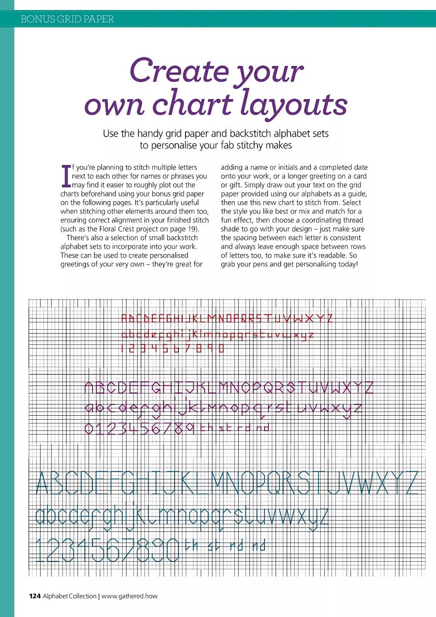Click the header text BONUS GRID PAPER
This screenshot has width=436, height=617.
(x=67, y=19)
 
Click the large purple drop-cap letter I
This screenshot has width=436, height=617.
(x=66, y=176)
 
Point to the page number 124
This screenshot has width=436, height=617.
(x=35, y=596)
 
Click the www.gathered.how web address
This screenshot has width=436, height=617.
(x=130, y=596)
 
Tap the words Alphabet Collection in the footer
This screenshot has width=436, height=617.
(x=70, y=596)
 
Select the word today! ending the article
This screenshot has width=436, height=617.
(x=348, y=264)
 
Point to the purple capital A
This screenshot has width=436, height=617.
(x=89, y=387)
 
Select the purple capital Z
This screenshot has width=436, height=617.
(x=369, y=387)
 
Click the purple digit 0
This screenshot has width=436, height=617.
(x=89, y=428)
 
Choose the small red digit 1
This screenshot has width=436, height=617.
(x=122, y=348)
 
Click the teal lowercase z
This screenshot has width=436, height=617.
(x=324, y=516)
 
